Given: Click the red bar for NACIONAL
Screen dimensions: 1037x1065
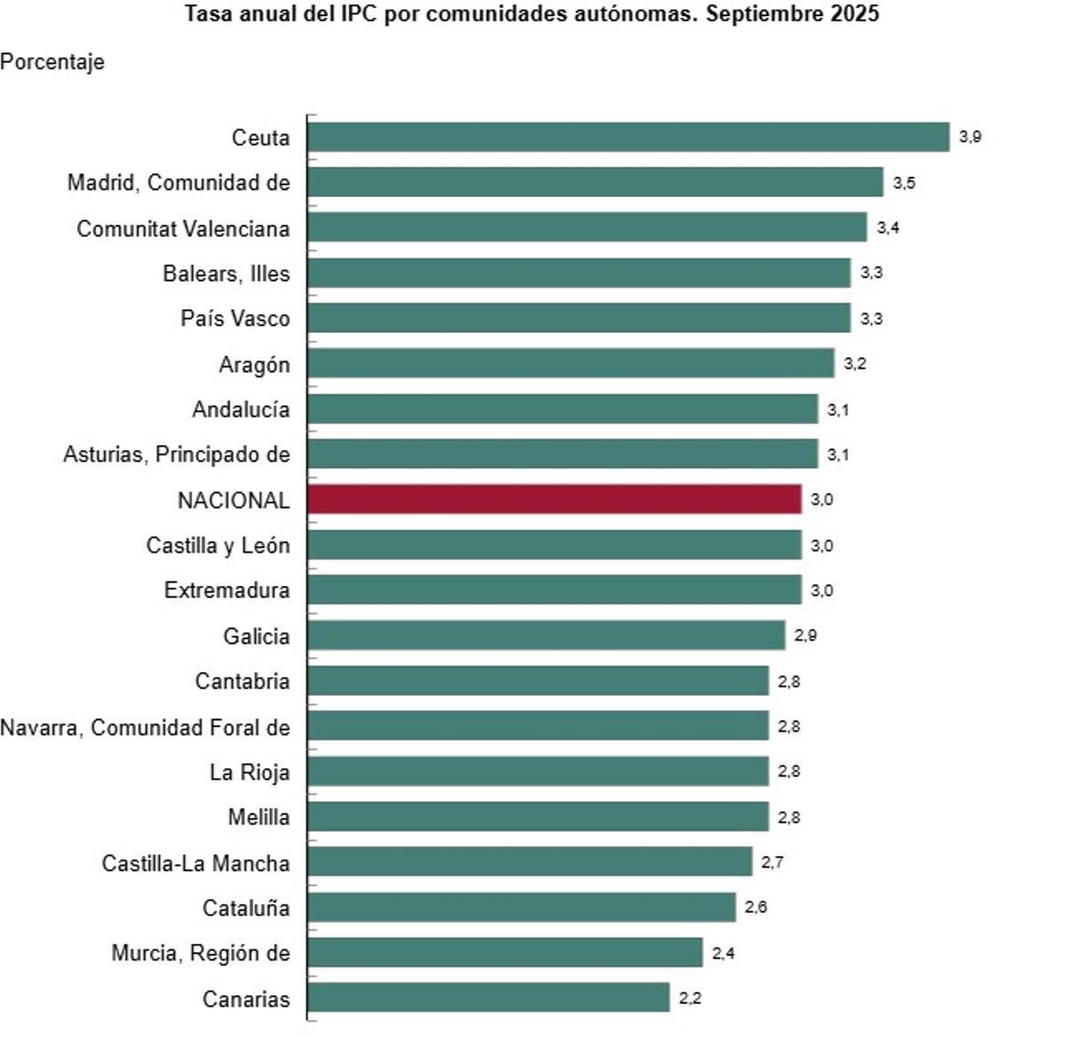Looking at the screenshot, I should click(x=555, y=499).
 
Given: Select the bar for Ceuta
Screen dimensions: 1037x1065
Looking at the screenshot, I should click(x=628, y=137).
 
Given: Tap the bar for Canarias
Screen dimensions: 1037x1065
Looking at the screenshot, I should click(x=488, y=997).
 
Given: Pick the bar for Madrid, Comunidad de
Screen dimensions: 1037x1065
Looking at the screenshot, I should click(x=596, y=182).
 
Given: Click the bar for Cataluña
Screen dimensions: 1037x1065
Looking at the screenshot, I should click(x=522, y=906).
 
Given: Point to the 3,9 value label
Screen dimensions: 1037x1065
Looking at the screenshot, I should click(x=970, y=137).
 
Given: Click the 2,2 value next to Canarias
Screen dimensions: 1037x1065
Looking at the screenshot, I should click(x=690, y=998).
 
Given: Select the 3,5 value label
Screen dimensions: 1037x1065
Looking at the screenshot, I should click(x=904, y=183).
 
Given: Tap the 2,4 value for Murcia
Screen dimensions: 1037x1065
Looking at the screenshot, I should click(x=723, y=953).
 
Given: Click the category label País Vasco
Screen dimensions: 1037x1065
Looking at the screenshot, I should click(x=235, y=318).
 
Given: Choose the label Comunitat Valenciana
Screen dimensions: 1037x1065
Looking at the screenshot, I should click(x=183, y=228).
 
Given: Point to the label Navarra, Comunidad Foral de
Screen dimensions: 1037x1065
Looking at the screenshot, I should click(x=145, y=727).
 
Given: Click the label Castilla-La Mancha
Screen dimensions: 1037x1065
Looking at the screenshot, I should click(x=195, y=863).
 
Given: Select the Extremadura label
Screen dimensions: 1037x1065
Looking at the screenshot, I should click(x=226, y=590).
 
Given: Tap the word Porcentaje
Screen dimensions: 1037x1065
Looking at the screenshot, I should click(x=52, y=61).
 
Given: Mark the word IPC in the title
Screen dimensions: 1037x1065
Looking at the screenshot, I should click(x=359, y=14).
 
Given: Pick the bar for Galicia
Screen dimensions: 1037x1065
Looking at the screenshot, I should click(x=546, y=635).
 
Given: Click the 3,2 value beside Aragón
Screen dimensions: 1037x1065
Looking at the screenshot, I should click(x=855, y=363).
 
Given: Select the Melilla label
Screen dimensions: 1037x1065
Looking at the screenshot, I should click(x=258, y=817).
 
